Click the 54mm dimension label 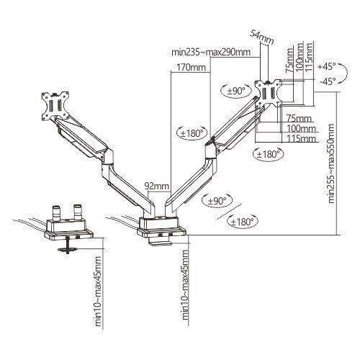262,37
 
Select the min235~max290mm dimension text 211,52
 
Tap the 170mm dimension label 192,67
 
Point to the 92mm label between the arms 157,186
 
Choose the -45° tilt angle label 328,81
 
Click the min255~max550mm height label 331,163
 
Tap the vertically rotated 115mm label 309,56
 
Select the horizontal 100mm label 302,129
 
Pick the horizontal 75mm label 299,119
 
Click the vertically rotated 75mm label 289,60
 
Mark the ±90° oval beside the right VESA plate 236,91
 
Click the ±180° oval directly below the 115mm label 269,154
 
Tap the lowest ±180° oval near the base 243,221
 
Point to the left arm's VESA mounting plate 55,106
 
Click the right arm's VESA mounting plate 269,93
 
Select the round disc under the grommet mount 68,250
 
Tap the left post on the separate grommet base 57,212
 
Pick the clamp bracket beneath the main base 161,241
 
